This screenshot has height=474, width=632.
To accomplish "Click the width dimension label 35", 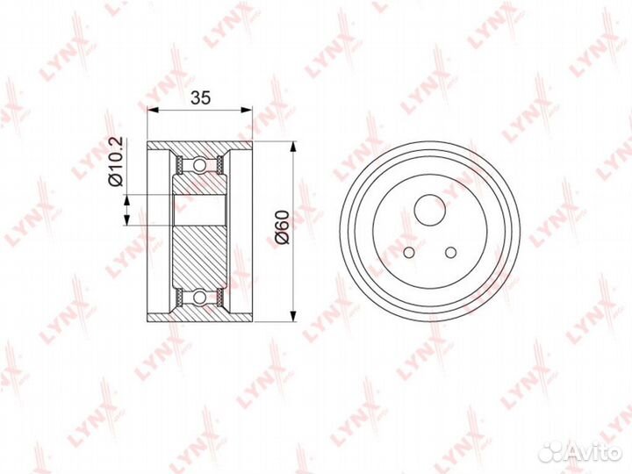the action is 200,97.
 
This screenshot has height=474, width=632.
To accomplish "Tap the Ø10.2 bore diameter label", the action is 116,162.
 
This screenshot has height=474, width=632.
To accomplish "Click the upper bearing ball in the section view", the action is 199,165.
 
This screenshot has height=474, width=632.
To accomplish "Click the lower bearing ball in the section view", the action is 199,298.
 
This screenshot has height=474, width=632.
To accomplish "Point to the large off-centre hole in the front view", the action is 430,210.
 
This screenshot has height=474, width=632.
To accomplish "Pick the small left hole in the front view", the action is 409,252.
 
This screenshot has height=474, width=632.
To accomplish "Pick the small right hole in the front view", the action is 450,252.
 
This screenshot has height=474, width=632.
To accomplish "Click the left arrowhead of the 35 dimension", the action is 153,109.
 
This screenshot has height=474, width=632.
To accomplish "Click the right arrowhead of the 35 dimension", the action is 247,109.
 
